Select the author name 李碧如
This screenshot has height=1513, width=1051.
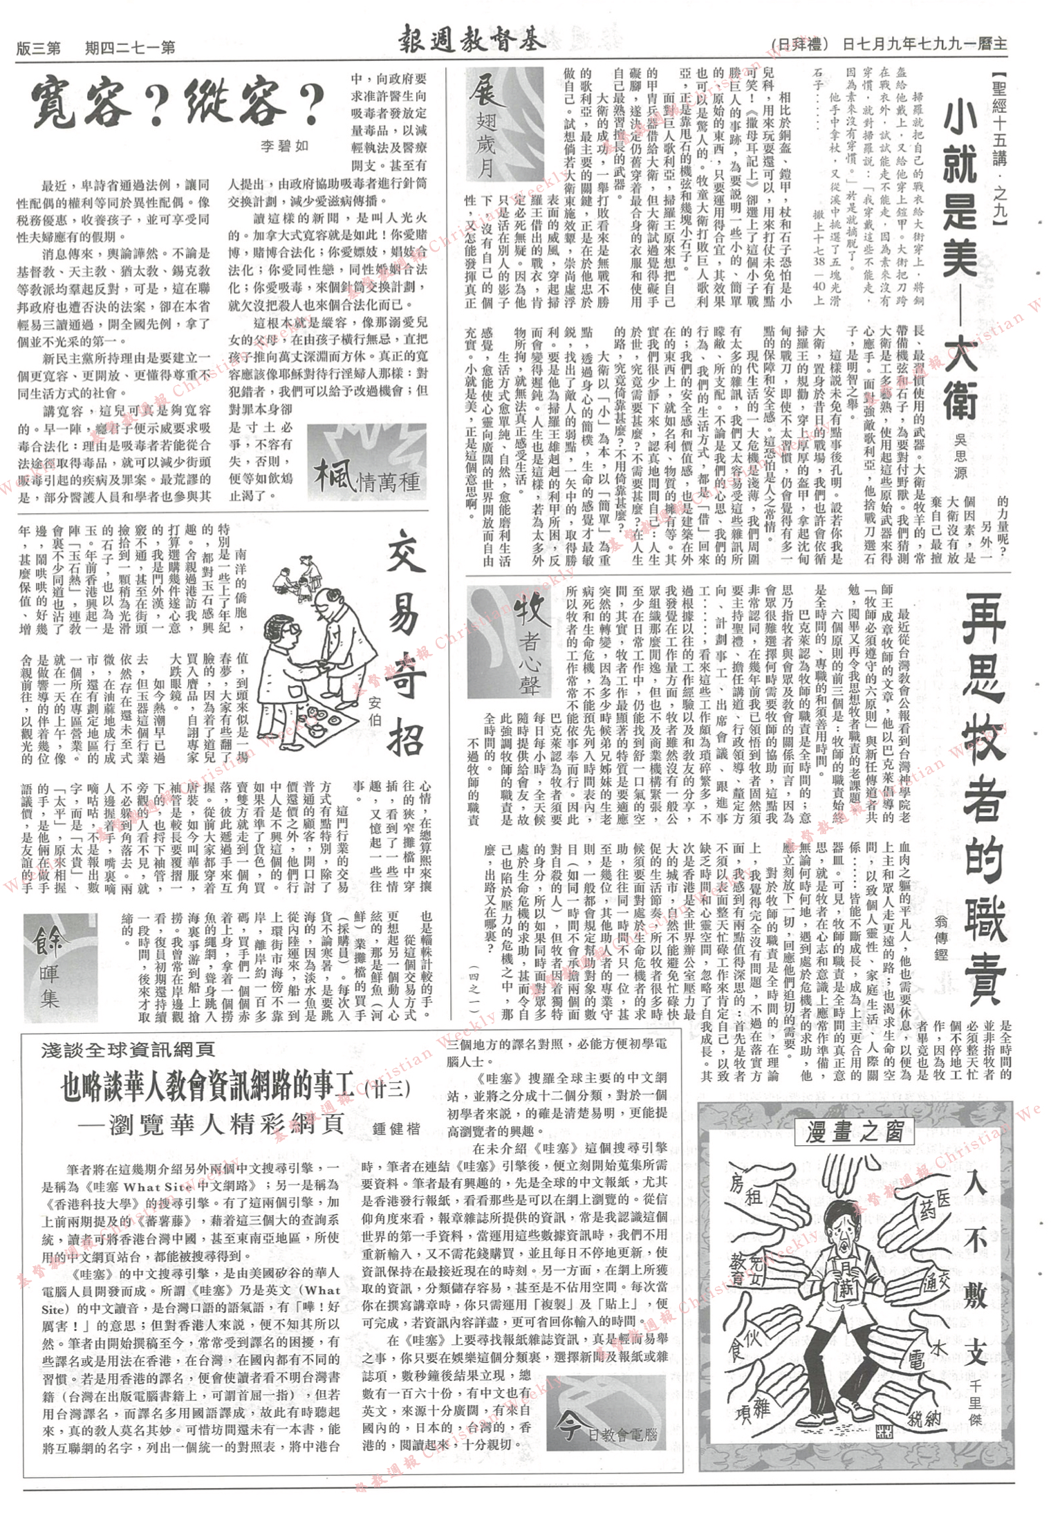coord(286,147)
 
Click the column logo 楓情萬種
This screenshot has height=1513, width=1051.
coord(366,465)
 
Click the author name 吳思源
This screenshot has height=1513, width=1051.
coord(960,456)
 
